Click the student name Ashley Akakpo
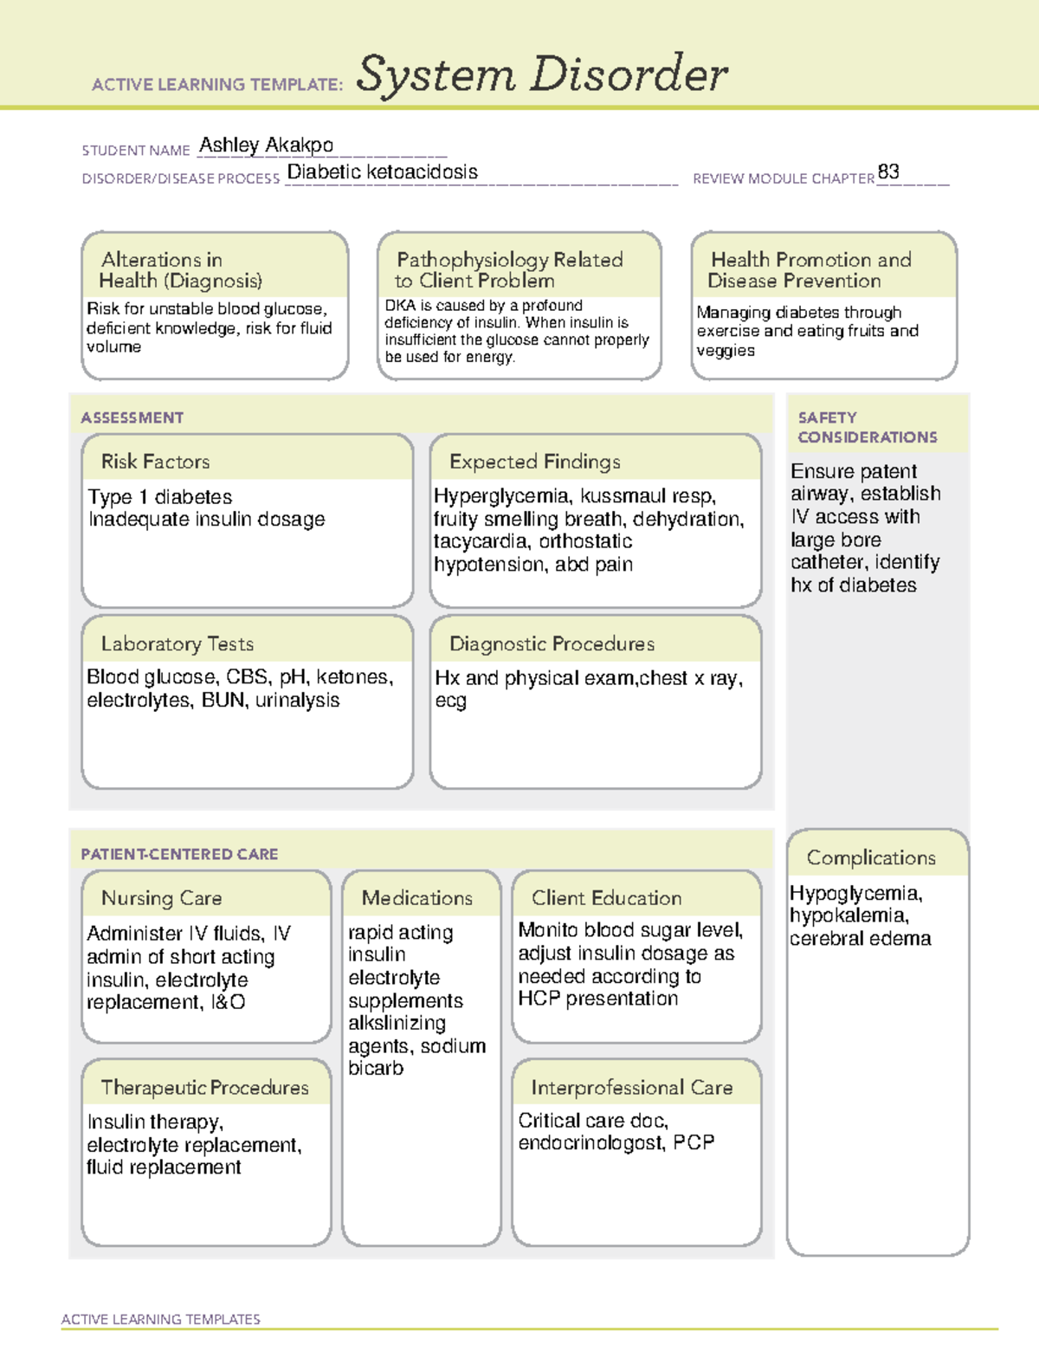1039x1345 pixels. (x=266, y=145)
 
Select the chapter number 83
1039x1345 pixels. (x=888, y=171)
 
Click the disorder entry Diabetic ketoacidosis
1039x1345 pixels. (x=382, y=171)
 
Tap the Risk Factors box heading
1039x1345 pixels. (x=155, y=462)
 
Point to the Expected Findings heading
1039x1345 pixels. (x=534, y=462)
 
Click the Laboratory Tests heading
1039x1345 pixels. (x=177, y=643)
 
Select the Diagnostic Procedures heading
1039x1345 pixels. (x=552, y=643)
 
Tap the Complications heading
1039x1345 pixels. (x=870, y=857)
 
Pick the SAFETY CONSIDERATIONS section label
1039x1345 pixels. (x=867, y=427)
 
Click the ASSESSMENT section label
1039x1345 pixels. (x=132, y=417)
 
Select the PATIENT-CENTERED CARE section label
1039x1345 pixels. (x=179, y=854)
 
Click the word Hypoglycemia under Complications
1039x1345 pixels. (x=855, y=893)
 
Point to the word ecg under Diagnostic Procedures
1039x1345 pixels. (x=450, y=701)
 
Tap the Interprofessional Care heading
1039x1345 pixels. (x=631, y=1087)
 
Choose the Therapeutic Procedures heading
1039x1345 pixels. (x=204, y=1087)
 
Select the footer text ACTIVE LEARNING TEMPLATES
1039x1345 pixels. (x=160, y=1319)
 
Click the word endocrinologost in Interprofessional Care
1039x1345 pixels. (x=591, y=1143)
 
